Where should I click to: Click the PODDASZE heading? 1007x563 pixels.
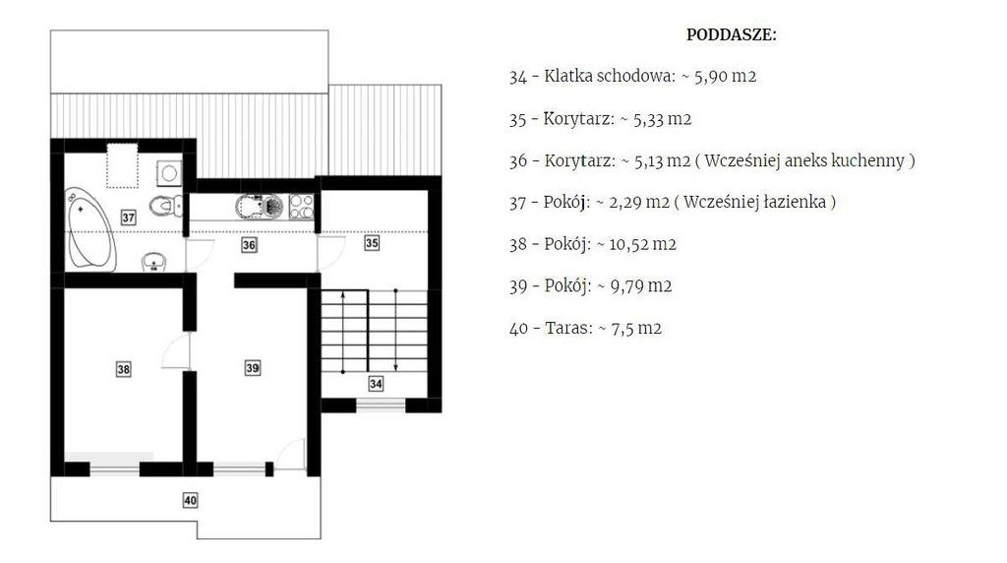[x=731, y=34]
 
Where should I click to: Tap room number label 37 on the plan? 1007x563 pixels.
[x=129, y=218]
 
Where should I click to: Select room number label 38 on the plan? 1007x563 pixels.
[x=123, y=369]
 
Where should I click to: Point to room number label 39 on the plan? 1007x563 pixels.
[x=253, y=367]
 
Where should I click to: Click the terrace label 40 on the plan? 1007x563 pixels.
[x=190, y=500]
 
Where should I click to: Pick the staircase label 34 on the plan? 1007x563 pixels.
[x=376, y=384]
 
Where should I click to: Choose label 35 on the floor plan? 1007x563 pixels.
[x=372, y=243]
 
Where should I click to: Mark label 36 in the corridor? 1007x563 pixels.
[x=249, y=245]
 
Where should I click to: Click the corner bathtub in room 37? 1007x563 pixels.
[x=91, y=230]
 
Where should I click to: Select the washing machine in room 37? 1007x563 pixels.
[x=169, y=173]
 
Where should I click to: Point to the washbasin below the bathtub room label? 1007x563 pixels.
[x=154, y=262]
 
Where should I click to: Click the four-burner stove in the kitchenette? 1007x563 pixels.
[x=301, y=207]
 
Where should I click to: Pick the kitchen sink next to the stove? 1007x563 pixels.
[x=260, y=207]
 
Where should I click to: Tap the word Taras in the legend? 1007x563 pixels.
[x=568, y=328]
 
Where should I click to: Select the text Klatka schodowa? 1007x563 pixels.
[x=610, y=76]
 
